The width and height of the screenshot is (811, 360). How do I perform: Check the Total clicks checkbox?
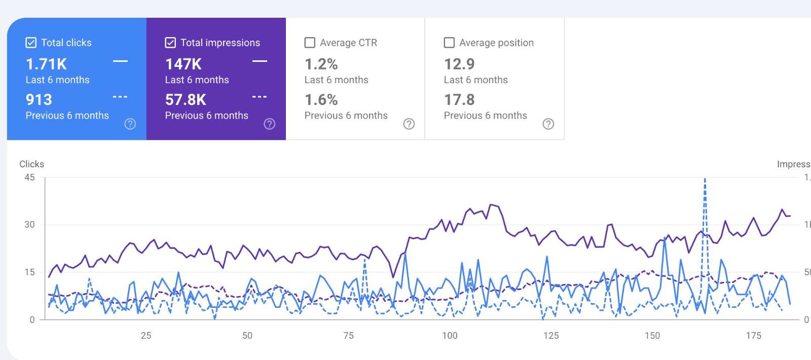(31, 43)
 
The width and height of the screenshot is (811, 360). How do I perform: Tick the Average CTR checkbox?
(310, 43)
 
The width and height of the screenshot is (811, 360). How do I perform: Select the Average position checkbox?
(449, 43)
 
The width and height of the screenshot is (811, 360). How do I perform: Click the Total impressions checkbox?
(170, 43)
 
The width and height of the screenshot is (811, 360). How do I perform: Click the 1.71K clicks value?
(46, 64)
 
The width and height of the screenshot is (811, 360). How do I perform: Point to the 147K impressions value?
(183, 64)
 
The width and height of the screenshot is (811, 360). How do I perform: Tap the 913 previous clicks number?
(39, 100)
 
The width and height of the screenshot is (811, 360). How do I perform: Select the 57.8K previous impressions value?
(186, 100)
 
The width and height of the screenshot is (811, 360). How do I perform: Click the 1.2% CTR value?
(321, 64)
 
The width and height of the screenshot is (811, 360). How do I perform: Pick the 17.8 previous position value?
(459, 100)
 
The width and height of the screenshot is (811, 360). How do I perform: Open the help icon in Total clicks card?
(130, 124)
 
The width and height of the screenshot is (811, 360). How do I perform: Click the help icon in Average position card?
(548, 124)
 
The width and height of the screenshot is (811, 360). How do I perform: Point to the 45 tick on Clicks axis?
(30, 177)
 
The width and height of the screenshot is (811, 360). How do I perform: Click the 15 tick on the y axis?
(30, 272)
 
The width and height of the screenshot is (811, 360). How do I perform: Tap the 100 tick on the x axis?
(450, 335)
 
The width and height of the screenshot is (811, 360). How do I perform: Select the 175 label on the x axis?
(753, 335)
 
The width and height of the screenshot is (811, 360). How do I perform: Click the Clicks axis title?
(31, 164)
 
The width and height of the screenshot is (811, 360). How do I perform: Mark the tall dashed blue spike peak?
(705, 179)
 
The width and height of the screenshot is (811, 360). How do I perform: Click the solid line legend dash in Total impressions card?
(260, 61)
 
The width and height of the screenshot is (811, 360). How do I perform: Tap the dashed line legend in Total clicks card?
(120, 97)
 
